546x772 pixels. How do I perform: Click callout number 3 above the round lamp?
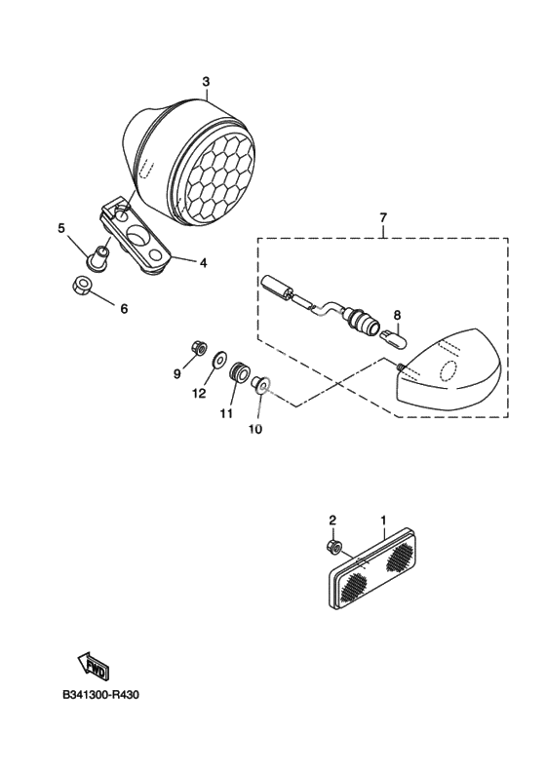(206, 81)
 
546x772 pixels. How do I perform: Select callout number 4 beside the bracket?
(203, 263)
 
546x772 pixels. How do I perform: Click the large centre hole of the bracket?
(137, 236)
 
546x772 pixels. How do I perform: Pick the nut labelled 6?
(81, 285)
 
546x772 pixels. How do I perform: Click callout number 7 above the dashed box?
(383, 216)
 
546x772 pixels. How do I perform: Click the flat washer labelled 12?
(219, 359)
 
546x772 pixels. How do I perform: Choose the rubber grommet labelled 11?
(239, 371)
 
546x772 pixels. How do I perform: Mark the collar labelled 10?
(261, 383)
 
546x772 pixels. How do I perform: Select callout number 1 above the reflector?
(383, 520)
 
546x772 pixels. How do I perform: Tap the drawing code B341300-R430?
(101, 695)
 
